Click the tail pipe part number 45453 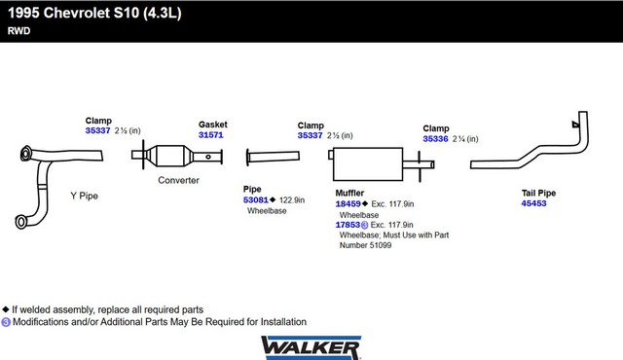(533, 203)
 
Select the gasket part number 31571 (210, 135)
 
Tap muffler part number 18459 (348, 204)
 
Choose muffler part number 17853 (348, 225)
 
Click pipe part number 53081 (255, 200)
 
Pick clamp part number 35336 (435, 139)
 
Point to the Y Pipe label (85, 196)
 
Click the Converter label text (178, 180)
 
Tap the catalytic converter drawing (177, 156)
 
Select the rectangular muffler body (368, 164)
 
